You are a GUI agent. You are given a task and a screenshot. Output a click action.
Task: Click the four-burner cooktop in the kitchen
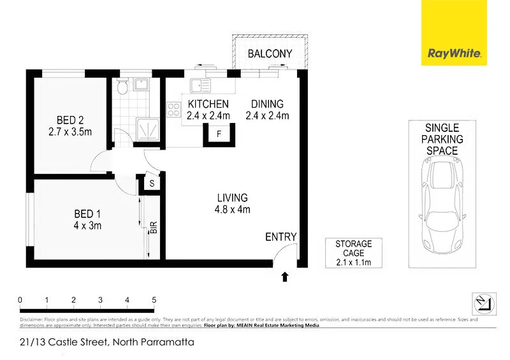(173, 110)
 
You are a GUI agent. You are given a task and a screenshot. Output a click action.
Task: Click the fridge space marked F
(219, 134)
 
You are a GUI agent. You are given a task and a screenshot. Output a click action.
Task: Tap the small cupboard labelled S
(152, 184)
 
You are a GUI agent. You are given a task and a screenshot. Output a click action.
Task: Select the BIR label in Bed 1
(154, 228)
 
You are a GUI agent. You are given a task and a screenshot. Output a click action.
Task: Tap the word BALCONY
(270, 54)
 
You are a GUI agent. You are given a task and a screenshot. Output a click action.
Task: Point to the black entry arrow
(285, 277)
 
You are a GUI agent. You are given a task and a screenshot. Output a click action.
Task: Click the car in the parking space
(442, 205)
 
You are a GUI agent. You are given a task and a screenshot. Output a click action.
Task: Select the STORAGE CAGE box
(353, 253)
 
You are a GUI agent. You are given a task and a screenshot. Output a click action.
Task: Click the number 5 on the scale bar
(154, 299)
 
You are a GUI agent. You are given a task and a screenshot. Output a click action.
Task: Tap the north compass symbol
(483, 303)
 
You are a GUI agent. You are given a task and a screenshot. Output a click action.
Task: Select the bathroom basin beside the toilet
(143, 85)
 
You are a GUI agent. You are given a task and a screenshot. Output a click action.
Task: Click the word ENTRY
(281, 237)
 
